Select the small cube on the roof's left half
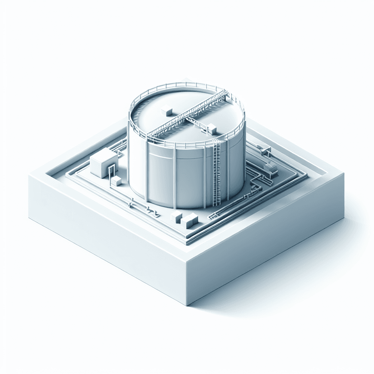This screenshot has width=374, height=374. (x=166, y=110)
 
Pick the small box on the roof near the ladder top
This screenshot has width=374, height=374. (x=212, y=129)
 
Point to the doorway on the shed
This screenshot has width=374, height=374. (x=110, y=171)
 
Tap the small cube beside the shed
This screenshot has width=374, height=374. (x=117, y=181)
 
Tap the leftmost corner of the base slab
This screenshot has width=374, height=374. (x=29, y=176)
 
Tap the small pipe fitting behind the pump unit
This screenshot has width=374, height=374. (x=261, y=149)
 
